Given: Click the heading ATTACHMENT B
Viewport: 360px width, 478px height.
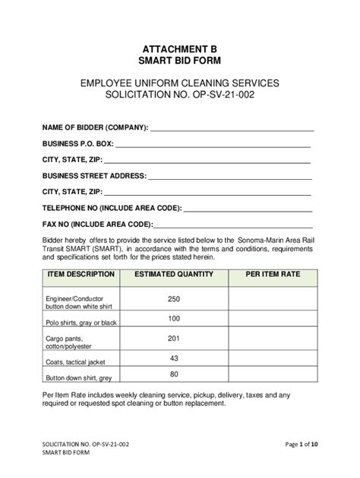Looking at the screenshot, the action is [179, 47].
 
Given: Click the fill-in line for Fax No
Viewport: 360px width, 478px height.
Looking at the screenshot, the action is [233, 225].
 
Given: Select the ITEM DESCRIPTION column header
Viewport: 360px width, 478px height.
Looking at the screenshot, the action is [81, 273].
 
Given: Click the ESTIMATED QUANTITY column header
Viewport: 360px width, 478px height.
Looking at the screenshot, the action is [174, 273].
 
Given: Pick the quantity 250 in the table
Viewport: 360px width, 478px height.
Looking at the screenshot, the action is [174, 299].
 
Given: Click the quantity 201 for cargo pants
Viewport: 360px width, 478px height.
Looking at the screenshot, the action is [174, 338].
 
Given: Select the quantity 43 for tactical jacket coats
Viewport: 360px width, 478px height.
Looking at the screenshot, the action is [174, 357].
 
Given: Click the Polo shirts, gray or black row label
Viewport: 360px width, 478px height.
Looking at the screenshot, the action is [81, 322].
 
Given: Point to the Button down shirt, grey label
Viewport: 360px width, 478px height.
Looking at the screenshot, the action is [78, 377].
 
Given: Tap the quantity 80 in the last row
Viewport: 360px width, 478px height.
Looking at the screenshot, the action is [174, 374].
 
